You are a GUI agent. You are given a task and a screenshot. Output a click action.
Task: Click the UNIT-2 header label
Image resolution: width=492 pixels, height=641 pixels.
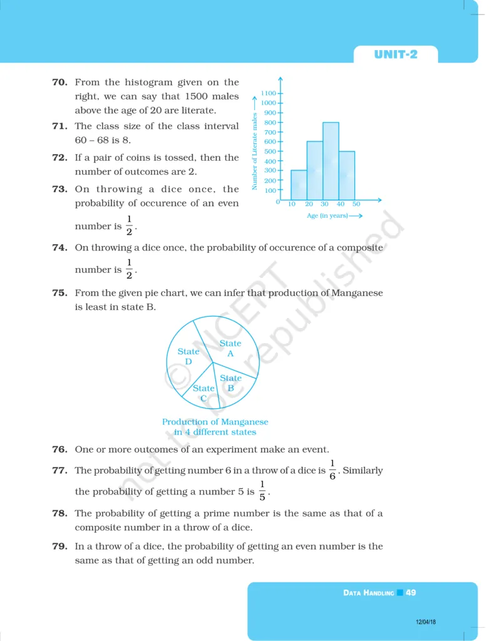point(396,54)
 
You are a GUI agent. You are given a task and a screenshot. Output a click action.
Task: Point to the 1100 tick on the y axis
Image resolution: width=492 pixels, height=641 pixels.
point(269,93)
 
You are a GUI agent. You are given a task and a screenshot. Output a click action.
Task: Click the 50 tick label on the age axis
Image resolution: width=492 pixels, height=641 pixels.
point(356,205)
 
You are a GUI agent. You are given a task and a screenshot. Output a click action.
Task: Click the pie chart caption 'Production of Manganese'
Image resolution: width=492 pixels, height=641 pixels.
point(215,422)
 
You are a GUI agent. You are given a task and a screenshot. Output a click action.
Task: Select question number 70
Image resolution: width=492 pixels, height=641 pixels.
point(59,82)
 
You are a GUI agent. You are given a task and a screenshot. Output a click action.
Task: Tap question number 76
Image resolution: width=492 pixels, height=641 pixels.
point(59,449)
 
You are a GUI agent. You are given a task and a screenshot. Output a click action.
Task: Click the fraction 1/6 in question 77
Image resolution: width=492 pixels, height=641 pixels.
point(332,469)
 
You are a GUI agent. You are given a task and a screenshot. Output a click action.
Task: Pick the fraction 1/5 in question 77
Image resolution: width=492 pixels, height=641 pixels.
point(262,491)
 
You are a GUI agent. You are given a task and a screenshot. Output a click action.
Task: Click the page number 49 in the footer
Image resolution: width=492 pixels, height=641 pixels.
point(411,592)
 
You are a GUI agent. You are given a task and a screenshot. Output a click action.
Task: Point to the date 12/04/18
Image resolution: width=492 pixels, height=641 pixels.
point(426,622)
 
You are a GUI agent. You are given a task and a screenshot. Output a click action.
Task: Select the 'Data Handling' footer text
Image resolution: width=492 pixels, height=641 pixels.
point(369,592)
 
